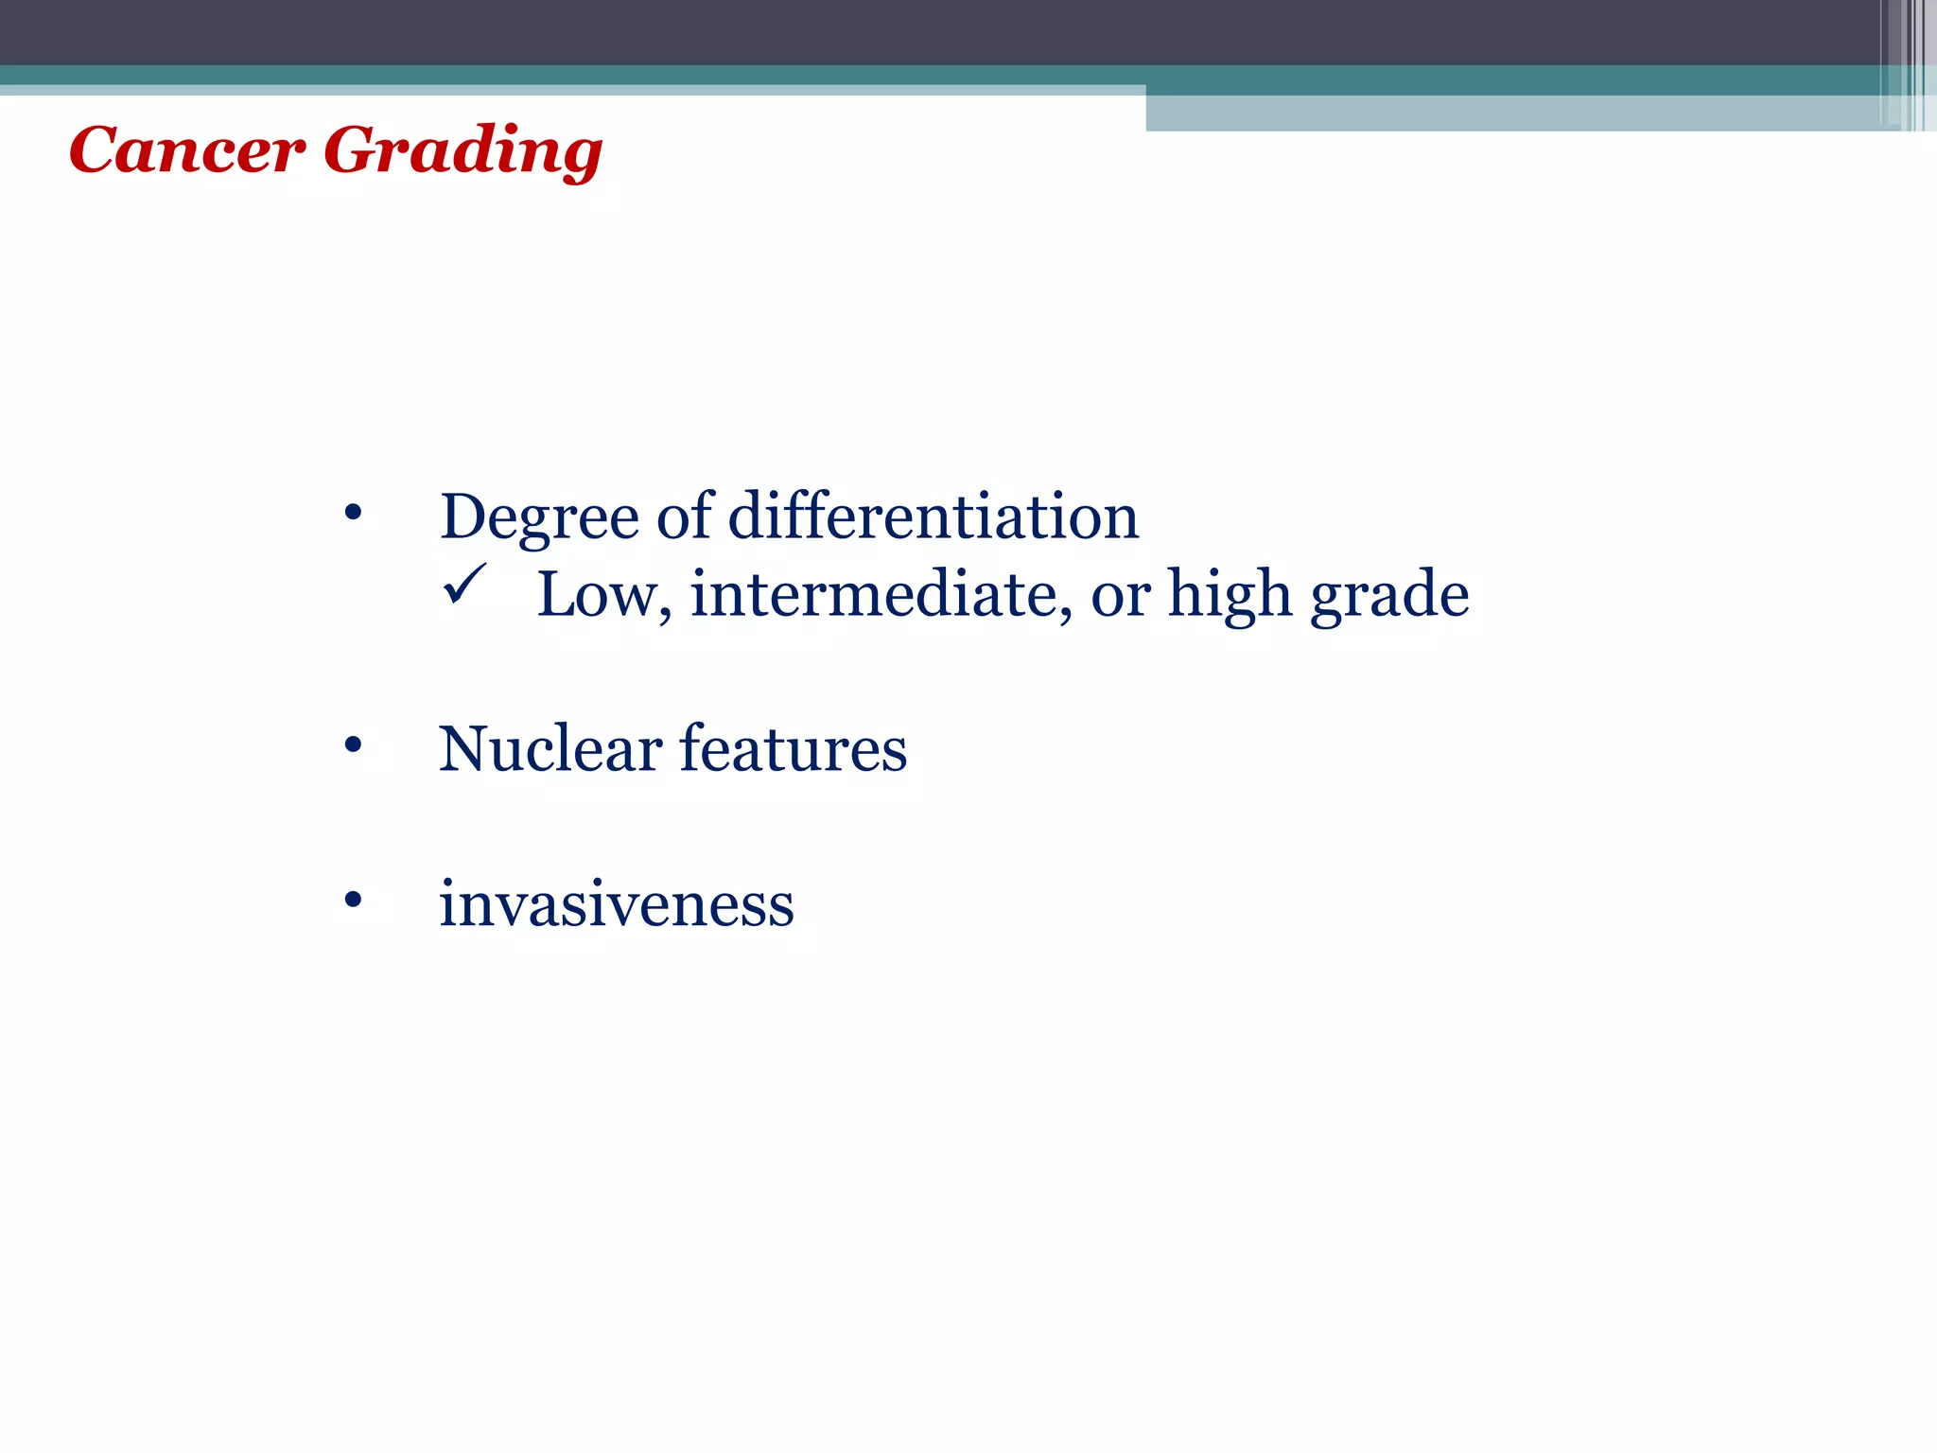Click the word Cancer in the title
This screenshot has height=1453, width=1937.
pos(186,150)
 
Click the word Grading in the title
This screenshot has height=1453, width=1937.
pos(462,150)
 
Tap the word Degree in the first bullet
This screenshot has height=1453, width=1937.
pos(539,518)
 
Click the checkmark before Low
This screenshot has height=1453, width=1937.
pos(464,584)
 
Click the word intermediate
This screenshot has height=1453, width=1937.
pos(877,595)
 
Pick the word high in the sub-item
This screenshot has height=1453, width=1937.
pos(1229,597)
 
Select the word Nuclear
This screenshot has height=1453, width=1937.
pos(550,749)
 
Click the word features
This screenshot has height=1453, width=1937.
pos(793,749)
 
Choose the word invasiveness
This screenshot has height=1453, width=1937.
pos(616,904)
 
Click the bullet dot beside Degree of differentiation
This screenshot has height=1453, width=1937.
pos(353,514)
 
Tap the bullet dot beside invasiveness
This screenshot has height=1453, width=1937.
pos(353,901)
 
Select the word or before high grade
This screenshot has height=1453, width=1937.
pos(1120,597)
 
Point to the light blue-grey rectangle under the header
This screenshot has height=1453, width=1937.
pos(1513,114)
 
